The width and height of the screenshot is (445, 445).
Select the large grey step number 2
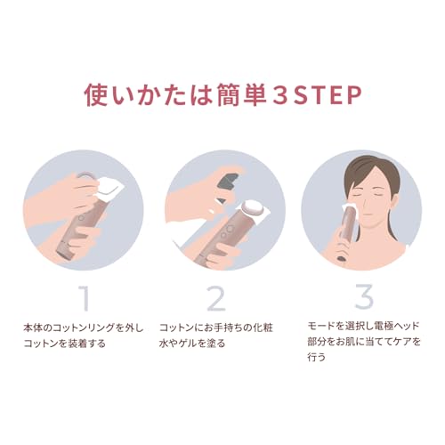[x=216, y=298]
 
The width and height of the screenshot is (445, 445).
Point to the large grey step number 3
[x=364, y=296]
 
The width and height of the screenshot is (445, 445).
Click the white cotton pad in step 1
[x=109, y=188]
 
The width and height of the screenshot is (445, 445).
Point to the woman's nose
[x=366, y=203]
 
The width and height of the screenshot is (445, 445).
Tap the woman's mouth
[x=368, y=214]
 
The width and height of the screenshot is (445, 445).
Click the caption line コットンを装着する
[x=65, y=344]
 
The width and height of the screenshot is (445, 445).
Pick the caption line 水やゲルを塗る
[x=192, y=344]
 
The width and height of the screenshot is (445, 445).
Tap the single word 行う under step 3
[x=317, y=356]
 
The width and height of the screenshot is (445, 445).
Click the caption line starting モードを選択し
[x=363, y=326]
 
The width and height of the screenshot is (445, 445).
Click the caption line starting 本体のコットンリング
[x=84, y=328]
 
